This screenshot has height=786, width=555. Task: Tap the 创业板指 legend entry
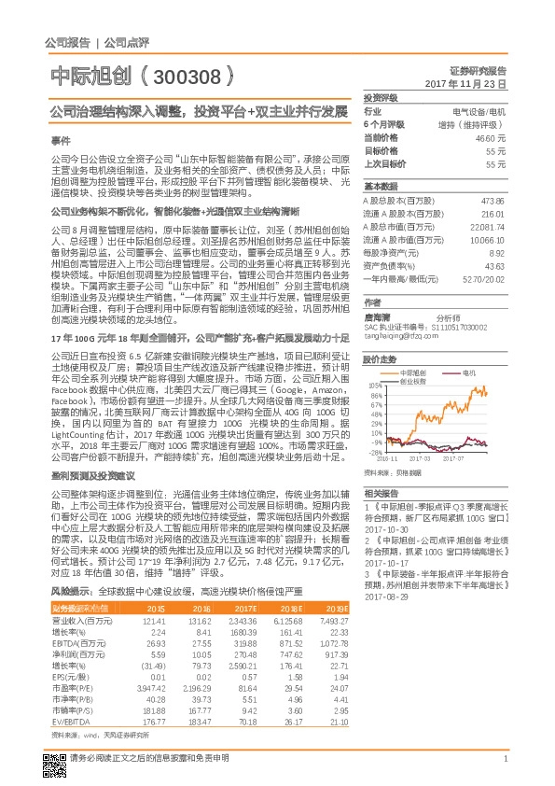click(x=413, y=380)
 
